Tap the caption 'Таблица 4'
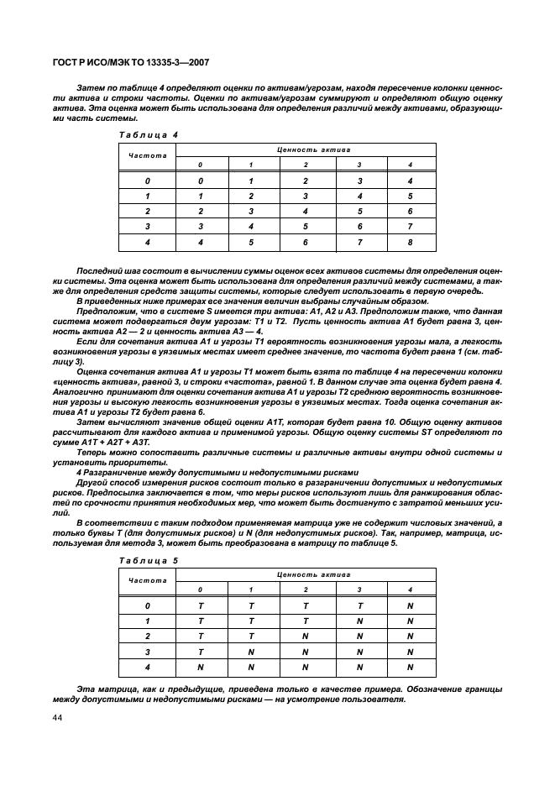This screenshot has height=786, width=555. coord(141,135)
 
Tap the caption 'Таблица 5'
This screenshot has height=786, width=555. coord(141,559)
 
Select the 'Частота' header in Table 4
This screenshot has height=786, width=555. coord(147,156)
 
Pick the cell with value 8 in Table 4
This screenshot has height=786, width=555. coord(410,242)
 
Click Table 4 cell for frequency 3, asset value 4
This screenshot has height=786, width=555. coord(410,227)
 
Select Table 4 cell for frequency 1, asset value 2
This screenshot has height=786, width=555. coord(305,196)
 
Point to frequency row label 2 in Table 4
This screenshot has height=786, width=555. coord(147,211)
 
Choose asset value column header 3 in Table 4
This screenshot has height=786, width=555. coord(359,164)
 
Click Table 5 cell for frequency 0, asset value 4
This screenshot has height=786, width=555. coord(410,605)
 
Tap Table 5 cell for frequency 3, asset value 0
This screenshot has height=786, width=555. coord(201,652)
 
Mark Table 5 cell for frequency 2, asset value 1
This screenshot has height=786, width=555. coord(251,636)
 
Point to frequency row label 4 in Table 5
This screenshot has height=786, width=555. coord(147,668)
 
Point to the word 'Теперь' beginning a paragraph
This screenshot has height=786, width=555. coord(94,453)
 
